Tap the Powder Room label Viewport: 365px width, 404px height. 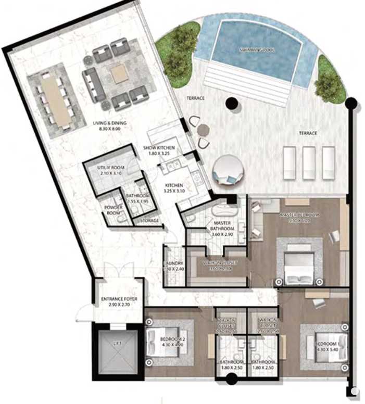tap(114, 209)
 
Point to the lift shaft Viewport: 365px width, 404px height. tap(117, 352)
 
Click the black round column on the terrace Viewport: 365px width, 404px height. tap(231, 103)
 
